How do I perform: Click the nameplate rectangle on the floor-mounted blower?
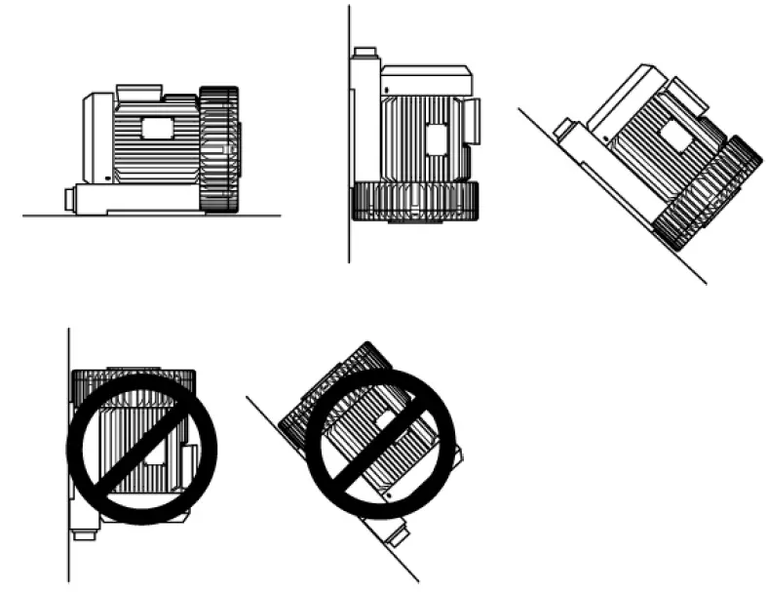pyautogui.click(x=156, y=127)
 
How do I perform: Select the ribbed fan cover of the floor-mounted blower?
pyautogui.click(x=219, y=148)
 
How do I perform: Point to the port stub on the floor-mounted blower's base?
pyautogui.click(x=70, y=198)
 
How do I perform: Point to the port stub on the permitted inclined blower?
pyautogui.click(x=563, y=128)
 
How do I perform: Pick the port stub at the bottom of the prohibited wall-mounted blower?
pyautogui.click(x=83, y=533)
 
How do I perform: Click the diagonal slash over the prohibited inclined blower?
pyautogui.click(x=380, y=444)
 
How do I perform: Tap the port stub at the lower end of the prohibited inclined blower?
pyautogui.click(x=398, y=534)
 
